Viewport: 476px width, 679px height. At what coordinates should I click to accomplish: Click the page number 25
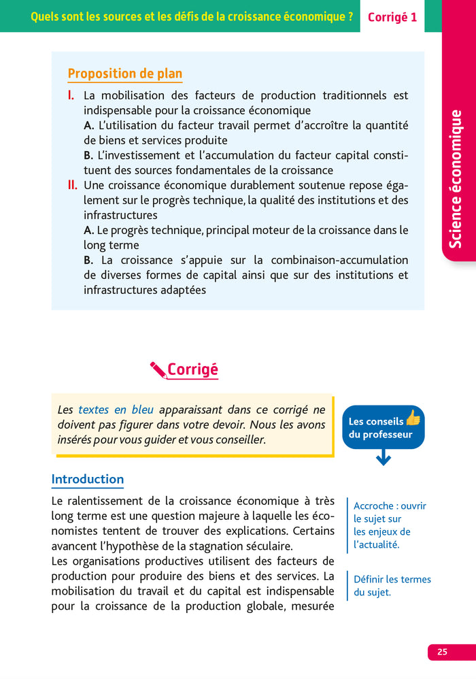pyautogui.click(x=443, y=652)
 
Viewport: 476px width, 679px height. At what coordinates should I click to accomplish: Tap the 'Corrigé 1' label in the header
pyautogui.click(x=392, y=17)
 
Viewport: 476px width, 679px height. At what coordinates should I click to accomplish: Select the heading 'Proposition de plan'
pyautogui.click(x=125, y=73)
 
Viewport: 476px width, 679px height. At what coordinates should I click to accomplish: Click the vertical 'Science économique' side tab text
pyautogui.click(x=456, y=179)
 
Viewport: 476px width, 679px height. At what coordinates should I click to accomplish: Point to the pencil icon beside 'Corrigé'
pyautogui.click(x=158, y=369)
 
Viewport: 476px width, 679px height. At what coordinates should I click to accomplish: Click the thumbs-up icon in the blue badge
pyautogui.click(x=413, y=418)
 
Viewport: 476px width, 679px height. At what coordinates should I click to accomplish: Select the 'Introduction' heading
pyautogui.click(x=88, y=479)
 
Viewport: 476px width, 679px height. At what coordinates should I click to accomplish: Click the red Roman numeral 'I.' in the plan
pyautogui.click(x=71, y=95)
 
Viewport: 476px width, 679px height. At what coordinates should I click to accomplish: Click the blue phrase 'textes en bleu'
pyautogui.click(x=116, y=410)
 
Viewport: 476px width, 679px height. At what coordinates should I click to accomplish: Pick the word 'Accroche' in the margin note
pyautogui.click(x=373, y=506)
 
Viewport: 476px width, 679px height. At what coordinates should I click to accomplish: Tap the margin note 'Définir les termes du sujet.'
pyautogui.click(x=392, y=586)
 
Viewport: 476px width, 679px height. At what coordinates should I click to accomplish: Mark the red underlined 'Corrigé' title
pyautogui.click(x=192, y=369)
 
